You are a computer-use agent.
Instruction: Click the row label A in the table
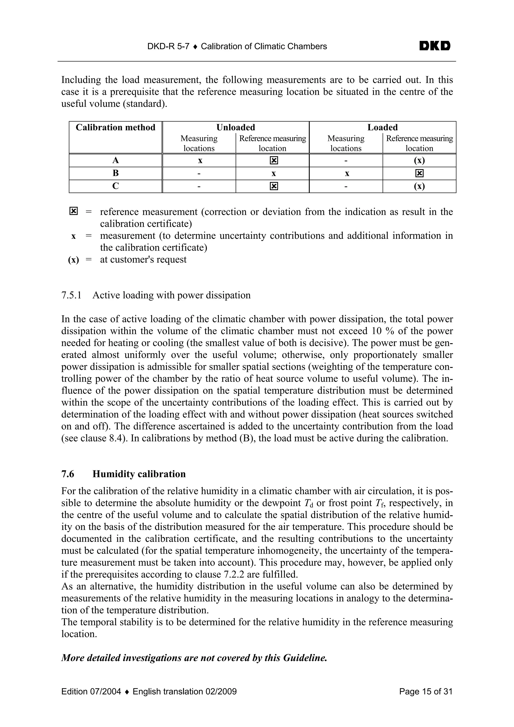pos(116,161)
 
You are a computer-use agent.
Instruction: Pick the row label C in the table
pos(116,186)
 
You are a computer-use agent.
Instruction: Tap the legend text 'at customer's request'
pos(143,260)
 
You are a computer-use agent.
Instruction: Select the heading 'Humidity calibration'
pos(139,474)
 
